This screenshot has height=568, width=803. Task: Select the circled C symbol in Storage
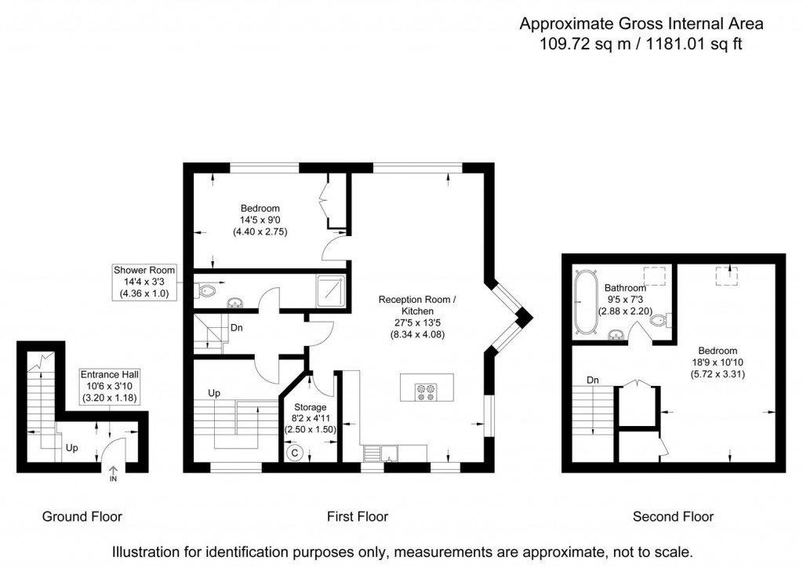(295, 452)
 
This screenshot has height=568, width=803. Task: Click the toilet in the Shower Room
(205, 293)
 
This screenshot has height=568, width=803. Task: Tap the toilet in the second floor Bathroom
(662, 320)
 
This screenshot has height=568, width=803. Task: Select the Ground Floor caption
(82, 516)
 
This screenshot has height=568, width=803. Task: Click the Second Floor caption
(674, 516)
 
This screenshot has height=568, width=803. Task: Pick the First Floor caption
(358, 516)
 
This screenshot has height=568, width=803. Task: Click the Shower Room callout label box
(144, 282)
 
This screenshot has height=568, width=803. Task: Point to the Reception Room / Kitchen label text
(416, 305)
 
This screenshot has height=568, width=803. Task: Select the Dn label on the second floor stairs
(594, 380)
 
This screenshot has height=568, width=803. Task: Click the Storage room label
(310, 407)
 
